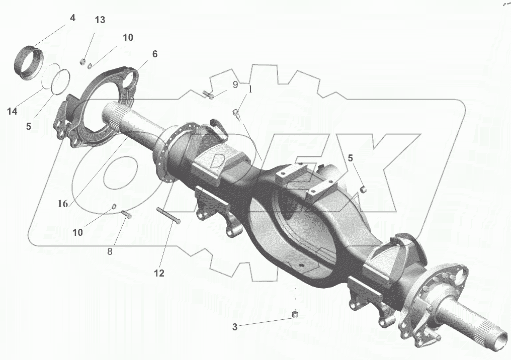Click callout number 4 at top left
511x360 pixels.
pos(72,18)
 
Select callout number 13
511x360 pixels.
pos(100,20)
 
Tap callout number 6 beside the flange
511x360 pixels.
pos(155,54)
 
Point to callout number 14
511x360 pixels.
pos(12,112)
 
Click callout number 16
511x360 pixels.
pos(62,204)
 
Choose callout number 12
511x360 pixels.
pos(159,274)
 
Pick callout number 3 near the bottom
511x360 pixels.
pos(235,327)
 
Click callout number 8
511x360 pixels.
pos(110,251)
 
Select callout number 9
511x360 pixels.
pos(235,85)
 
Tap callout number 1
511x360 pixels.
pos(250,89)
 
